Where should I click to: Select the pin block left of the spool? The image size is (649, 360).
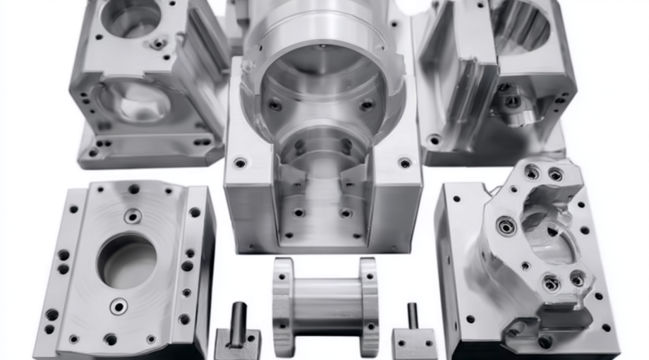238,342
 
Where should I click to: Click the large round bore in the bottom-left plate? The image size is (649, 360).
126,260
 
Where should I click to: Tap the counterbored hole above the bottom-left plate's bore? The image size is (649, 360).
133,216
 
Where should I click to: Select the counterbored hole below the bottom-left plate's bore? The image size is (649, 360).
119,306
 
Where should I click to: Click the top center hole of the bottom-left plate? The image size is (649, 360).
133,188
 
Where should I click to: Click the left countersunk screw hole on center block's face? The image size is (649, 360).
240,162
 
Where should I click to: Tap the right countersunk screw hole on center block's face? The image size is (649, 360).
405,163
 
